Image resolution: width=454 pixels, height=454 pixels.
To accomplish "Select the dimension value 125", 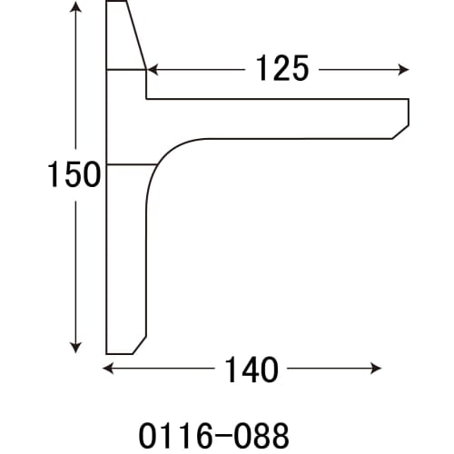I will [281, 69].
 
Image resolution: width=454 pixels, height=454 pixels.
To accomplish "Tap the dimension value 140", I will [245, 369].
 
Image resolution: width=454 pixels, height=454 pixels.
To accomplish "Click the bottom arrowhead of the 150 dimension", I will [75, 348].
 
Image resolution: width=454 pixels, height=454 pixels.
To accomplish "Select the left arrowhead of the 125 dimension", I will [153, 69].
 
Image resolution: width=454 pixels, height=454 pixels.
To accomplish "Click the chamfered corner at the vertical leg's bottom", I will [140, 345].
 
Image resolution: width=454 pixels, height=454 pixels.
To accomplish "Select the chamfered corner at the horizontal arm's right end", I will [400, 132].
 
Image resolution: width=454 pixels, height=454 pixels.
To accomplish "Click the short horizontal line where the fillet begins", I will [132, 164].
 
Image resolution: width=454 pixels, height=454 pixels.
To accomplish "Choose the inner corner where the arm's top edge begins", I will [147, 98].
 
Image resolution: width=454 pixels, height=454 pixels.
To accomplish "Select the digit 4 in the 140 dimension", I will [245, 369].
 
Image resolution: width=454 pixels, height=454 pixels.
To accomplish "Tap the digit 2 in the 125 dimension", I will [281, 69].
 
